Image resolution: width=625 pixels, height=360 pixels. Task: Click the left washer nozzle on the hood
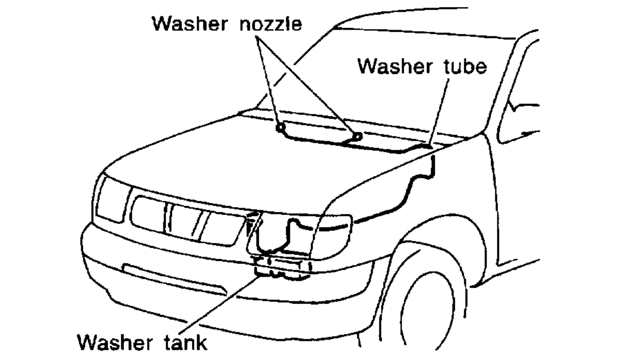tap(279, 128)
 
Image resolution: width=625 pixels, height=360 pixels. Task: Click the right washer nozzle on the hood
tap(358, 136)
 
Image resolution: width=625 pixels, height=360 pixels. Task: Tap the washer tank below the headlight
tap(282, 267)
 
